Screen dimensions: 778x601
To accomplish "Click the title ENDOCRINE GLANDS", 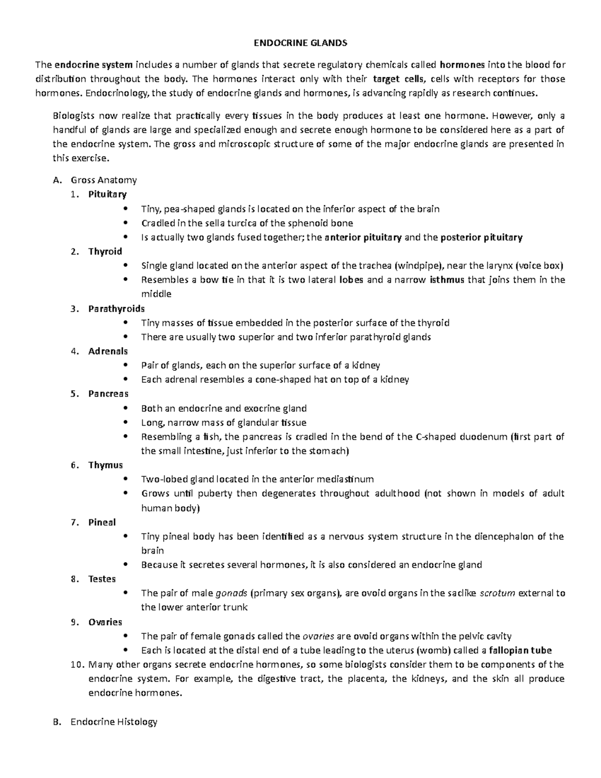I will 300,43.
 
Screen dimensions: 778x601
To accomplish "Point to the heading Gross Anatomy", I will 104,180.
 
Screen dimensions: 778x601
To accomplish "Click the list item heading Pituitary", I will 107,194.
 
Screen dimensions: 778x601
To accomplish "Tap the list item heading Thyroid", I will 105,251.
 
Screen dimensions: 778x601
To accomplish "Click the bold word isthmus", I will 447,280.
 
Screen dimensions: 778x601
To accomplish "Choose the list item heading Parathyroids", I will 116,309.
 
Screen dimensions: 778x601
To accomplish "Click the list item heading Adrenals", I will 108,351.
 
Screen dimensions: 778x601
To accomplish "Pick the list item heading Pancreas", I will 108,394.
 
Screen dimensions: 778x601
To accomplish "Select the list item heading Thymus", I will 105,465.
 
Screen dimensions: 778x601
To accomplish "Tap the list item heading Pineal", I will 102,522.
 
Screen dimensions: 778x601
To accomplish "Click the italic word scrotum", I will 497,593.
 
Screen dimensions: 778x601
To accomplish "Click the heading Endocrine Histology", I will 114,722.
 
